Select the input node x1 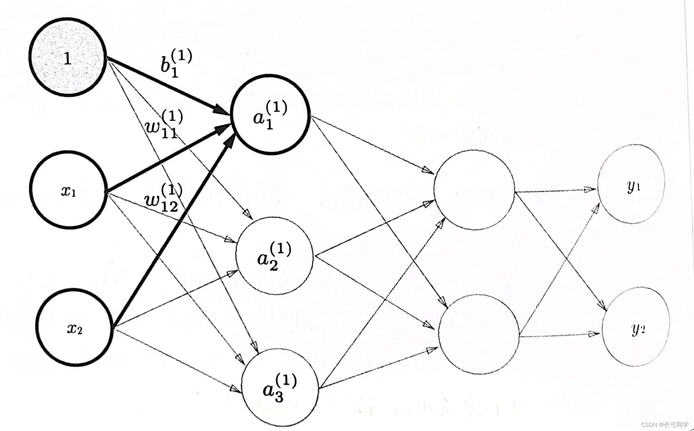coord(68,189)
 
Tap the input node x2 coord(75,328)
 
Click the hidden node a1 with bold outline coord(271,114)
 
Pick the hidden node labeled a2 coord(274,256)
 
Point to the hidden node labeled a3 coord(280,388)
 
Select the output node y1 coord(631,184)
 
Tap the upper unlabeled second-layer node coord(474,190)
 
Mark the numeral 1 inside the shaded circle coord(68,59)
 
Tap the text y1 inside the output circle coord(634,186)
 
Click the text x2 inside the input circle coord(75,328)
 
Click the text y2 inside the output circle coord(638,328)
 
